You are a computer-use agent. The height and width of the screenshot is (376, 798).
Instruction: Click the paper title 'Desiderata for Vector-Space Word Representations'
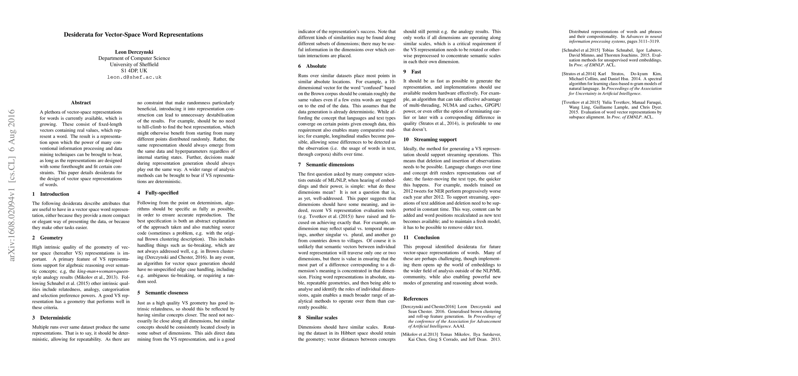[133, 35]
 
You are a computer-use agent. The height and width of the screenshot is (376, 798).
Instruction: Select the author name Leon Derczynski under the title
[134, 52]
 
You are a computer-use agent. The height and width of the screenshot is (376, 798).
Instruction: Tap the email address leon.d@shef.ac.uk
[134, 77]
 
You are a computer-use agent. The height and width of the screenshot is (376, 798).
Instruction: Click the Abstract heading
[81, 103]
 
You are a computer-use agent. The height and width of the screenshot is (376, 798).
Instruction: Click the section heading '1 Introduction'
[51, 194]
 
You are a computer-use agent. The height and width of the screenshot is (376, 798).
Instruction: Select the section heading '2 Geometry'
[47, 238]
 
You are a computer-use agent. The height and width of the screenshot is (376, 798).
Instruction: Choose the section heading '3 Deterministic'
[51, 318]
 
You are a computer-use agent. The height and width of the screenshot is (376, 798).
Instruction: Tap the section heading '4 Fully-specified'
[158, 193]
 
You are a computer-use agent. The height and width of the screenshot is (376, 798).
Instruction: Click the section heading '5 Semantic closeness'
[162, 293]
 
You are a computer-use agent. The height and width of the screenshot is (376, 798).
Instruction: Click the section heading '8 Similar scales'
[318, 317]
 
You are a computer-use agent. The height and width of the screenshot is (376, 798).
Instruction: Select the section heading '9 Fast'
[412, 72]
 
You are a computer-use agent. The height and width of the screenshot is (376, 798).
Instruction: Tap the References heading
[416, 299]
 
